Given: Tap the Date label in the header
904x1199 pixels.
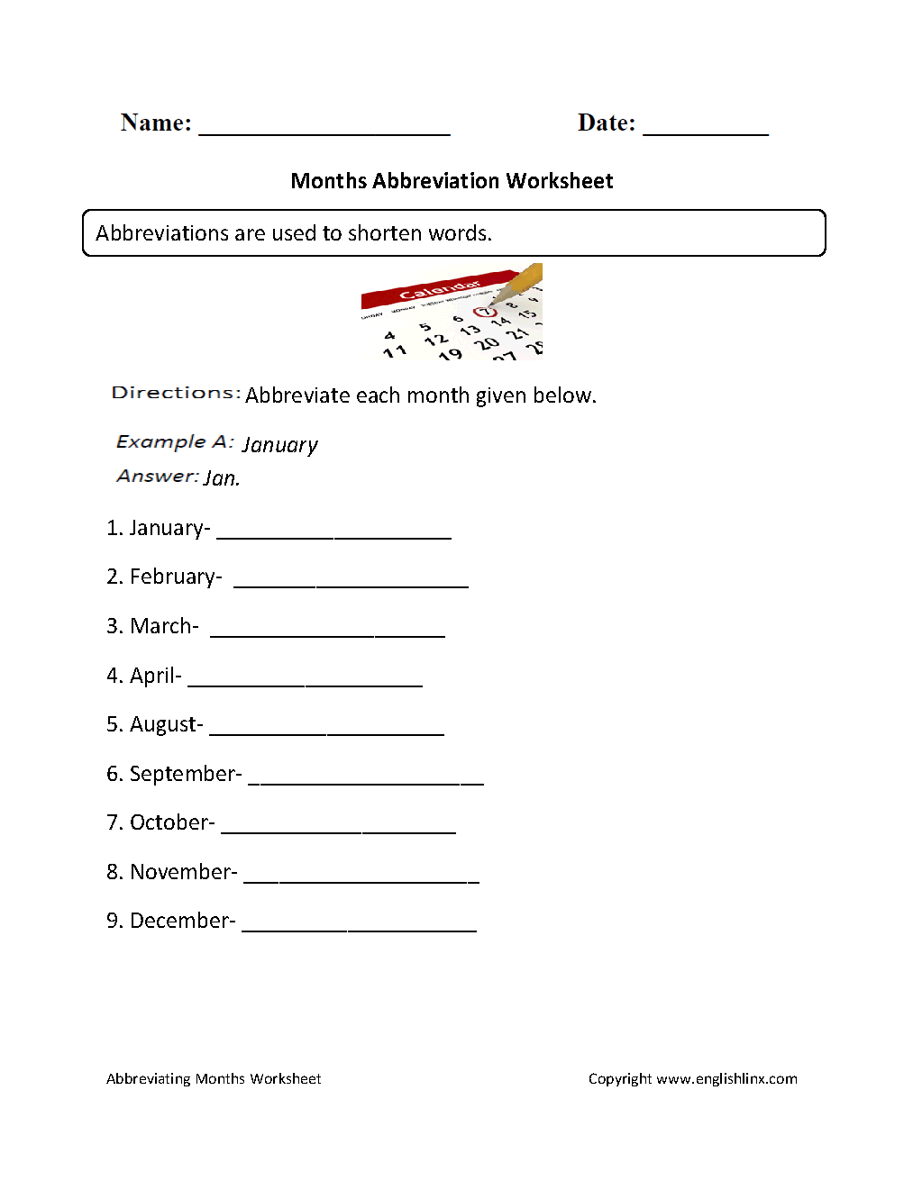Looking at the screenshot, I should point(604,123).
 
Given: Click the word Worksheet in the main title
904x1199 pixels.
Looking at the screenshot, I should point(559,181).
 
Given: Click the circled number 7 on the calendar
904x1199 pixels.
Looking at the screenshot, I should point(485,313).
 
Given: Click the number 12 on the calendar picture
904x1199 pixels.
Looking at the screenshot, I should point(436,339).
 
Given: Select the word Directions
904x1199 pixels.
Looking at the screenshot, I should point(175,393).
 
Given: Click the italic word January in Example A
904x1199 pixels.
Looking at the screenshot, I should point(279,445).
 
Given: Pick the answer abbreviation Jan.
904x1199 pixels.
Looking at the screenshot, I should point(222,478).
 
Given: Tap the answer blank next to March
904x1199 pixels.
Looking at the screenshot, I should point(327,634).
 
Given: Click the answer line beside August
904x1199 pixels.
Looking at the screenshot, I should point(326,732).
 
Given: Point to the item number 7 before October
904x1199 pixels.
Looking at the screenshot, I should point(113,822).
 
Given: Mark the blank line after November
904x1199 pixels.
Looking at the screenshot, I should point(361,880).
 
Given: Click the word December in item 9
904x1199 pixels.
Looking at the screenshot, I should point(180,921).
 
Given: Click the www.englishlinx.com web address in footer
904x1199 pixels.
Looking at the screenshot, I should point(726,1078).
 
